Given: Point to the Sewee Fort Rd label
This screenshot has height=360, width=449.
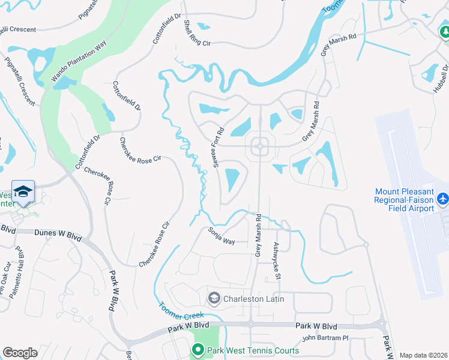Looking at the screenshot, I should point(218,146).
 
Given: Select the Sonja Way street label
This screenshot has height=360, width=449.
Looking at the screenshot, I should point(221,236).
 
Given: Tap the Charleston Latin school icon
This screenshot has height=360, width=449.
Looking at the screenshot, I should point(214,298).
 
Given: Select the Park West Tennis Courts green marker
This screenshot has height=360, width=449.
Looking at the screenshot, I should point(198,349).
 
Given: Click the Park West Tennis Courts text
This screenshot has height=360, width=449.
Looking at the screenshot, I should point(252,350).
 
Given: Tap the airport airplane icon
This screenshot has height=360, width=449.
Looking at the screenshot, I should point(443,198).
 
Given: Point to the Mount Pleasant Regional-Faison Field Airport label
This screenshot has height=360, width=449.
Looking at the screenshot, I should point(403,200).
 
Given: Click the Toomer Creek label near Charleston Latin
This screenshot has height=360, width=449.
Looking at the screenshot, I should point(182,310).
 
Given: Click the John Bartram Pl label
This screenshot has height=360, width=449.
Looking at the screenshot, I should point(325,338).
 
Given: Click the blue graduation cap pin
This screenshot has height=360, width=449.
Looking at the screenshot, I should point(23,191).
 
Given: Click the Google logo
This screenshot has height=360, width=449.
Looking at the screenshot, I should point(20,353).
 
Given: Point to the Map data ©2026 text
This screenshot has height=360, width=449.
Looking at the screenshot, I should point(423,355).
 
